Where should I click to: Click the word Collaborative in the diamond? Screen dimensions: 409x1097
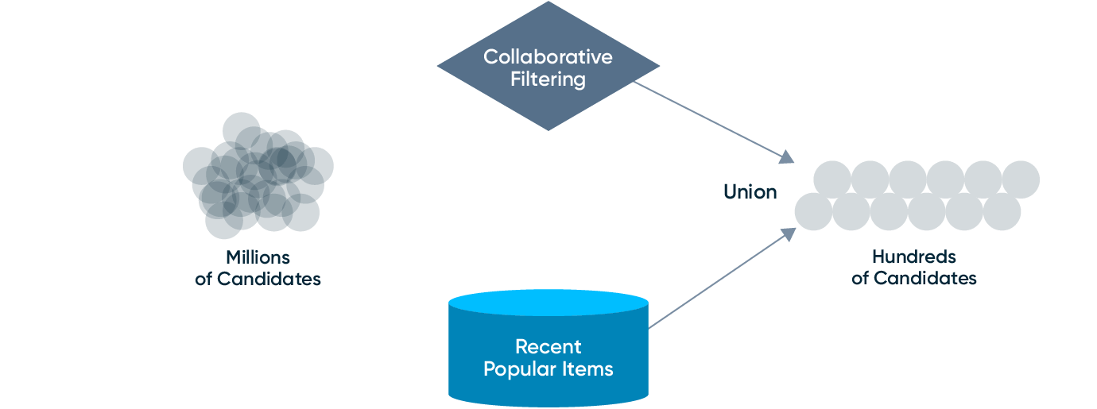pyautogui.click(x=548, y=57)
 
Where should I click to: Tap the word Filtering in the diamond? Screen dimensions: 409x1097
pyautogui.click(x=548, y=79)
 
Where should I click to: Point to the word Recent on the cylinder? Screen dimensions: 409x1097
pyautogui.click(x=548, y=347)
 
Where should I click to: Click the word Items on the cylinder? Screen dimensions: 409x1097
pyautogui.click(x=592, y=369)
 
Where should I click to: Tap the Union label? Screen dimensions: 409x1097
pyautogui.click(x=750, y=191)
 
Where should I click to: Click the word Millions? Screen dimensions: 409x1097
pyautogui.click(x=258, y=257)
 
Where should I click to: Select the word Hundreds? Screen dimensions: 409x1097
pyautogui.click(x=913, y=257)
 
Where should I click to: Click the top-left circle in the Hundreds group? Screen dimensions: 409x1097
pyautogui.click(x=831, y=179)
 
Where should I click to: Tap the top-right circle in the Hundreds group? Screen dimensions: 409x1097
pyautogui.click(x=1021, y=179)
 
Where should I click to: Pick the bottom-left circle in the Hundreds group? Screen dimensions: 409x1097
pyautogui.click(x=812, y=212)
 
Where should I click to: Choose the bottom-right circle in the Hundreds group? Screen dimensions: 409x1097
pyautogui.click(x=1002, y=212)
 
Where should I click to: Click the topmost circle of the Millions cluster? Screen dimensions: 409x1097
pyautogui.click(x=241, y=129)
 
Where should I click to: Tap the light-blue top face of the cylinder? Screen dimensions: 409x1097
pyautogui.click(x=548, y=303)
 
